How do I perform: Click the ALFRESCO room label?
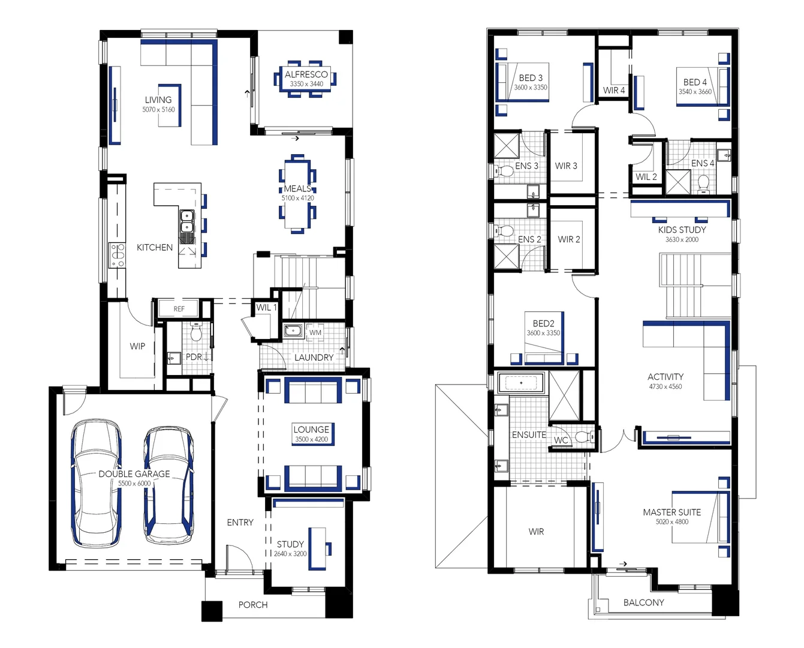306,74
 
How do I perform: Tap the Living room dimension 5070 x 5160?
158,110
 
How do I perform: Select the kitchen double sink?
186,220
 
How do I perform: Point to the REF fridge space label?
179,309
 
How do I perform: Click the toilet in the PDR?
196,331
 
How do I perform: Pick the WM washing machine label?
315,332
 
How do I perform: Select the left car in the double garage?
96,483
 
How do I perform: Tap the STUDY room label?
290,544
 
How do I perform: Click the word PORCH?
253,605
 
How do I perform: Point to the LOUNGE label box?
311,433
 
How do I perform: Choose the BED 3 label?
531,78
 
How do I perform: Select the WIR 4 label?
614,91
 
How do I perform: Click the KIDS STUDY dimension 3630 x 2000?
682,239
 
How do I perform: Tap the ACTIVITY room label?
666,377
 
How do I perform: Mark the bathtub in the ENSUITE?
521,383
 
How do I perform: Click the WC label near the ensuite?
561,440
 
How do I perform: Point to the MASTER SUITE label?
671,512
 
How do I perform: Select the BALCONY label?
643,602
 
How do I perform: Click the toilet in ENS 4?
704,182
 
